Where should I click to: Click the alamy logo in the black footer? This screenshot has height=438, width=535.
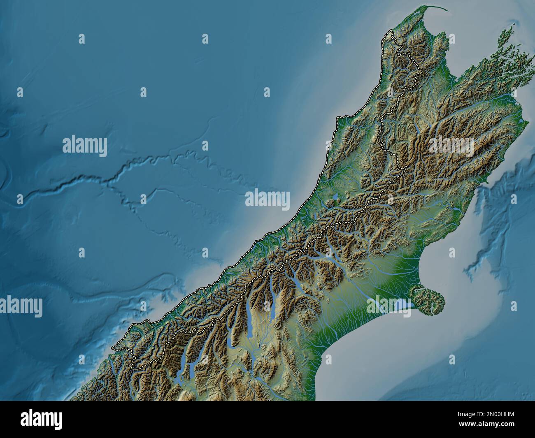[42, 419]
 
